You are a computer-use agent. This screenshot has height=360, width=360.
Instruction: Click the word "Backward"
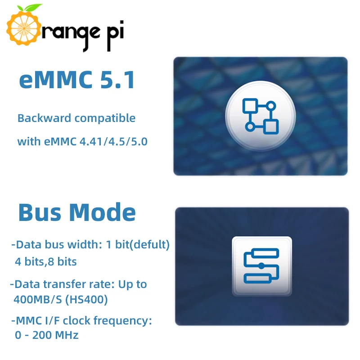44,118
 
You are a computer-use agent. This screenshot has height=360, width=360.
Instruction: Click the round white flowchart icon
260,116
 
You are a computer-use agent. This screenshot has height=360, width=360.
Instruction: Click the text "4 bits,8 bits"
45,261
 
